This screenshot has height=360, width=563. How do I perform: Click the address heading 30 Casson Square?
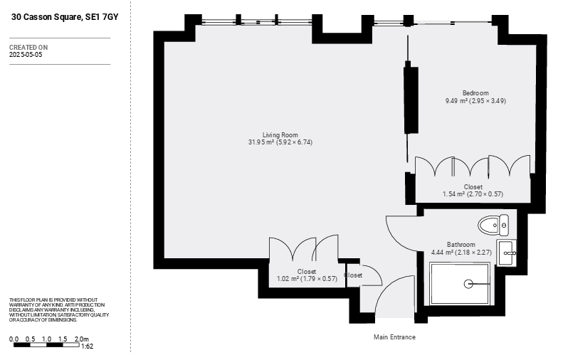tap(65, 17)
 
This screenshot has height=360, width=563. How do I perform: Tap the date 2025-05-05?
tap(26, 55)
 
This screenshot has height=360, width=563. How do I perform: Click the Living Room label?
tap(280, 135)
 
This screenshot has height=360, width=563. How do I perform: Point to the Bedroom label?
tap(475, 93)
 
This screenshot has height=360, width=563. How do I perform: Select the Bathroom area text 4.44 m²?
tap(442, 253)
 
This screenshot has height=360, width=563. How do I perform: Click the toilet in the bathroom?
tap(493, 225)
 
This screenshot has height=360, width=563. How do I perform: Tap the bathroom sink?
tap(506, 253)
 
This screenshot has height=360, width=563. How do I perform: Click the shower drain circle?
tap(468, 284)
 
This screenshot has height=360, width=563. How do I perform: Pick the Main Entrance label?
tap(394, 337)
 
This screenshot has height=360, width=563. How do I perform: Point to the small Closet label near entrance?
tap(353, 275)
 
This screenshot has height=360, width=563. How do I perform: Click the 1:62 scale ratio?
tap(88, 346)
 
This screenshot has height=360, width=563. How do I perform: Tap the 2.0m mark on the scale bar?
tap(82, 339)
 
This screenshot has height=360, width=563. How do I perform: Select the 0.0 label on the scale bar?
tap(14, 339)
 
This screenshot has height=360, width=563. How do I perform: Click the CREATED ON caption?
tap(28, 48)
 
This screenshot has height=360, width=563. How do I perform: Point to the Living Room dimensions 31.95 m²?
tap(261, 142)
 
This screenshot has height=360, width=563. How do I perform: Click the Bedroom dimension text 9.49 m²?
tap(456, 101)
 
